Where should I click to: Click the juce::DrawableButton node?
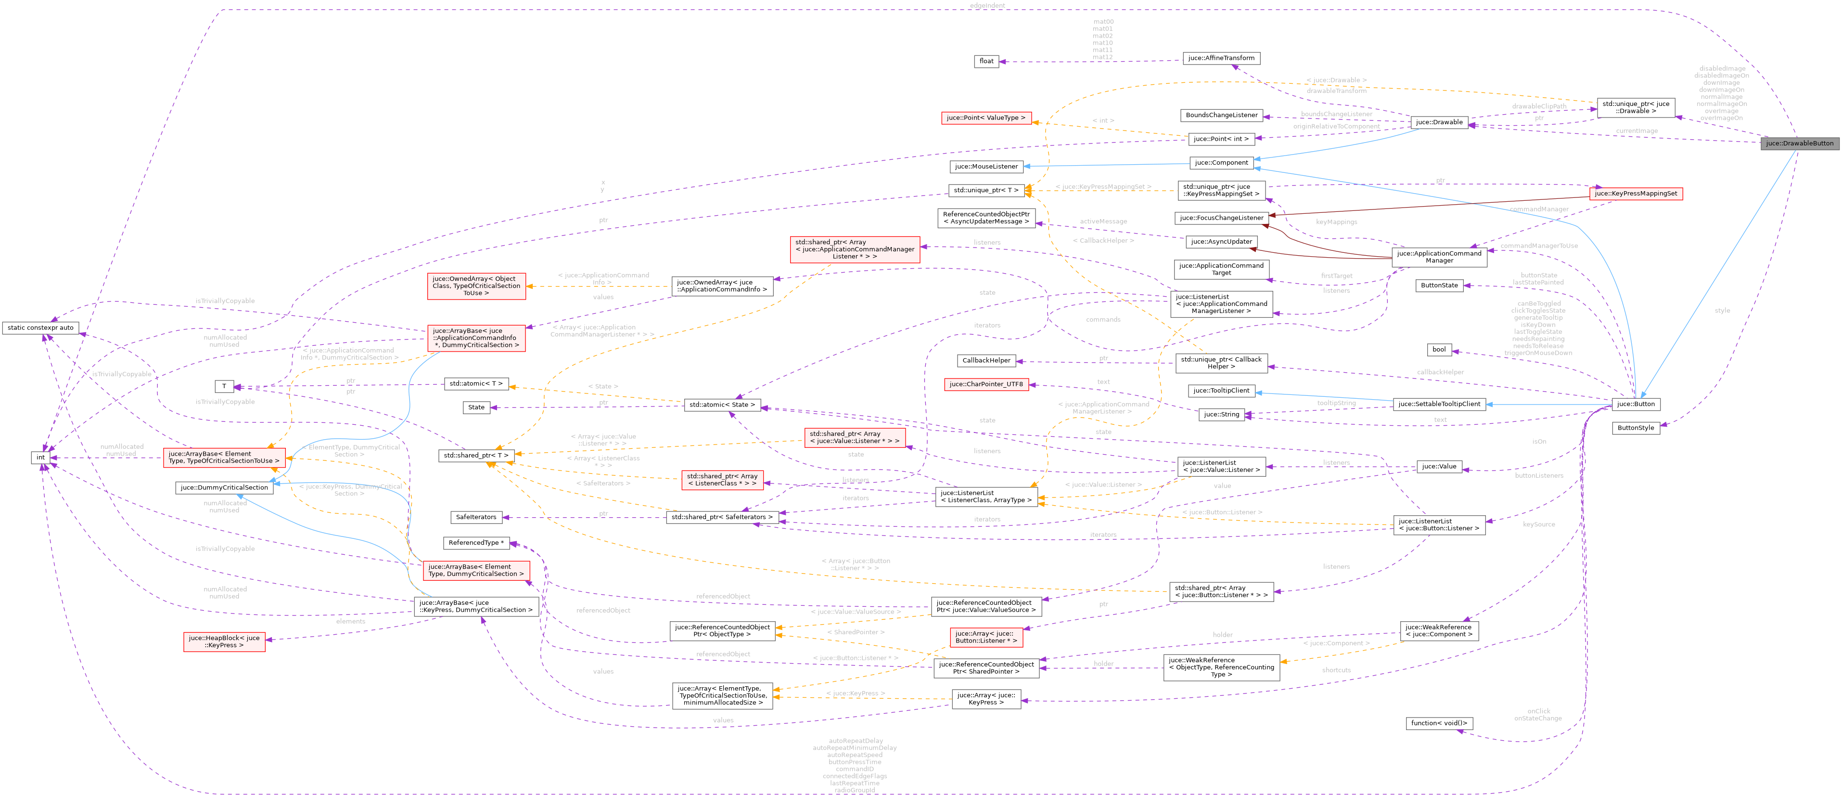coord(1799,143)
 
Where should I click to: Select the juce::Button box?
coord(1636,404)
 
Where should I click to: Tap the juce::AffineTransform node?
coord(1221,58)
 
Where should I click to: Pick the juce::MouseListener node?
coord(986,167)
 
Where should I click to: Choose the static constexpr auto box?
coord(41,327)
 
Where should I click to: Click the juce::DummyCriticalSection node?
coord(224,488)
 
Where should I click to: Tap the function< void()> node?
coord(1439,723)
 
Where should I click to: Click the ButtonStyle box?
coord(1636,428)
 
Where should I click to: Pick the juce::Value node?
coord(1439,467)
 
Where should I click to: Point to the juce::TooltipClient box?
coord(1221,391)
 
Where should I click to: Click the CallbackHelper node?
coord(986,361)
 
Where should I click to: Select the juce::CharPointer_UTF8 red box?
coord(986,384)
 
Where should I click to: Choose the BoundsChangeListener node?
coord(1221,115)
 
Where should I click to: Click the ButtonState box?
coord(1439,286)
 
